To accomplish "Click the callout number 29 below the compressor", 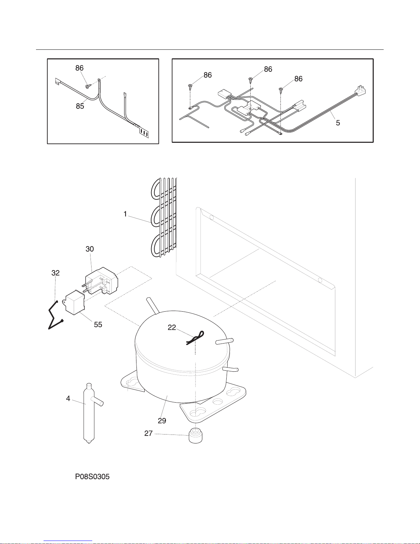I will point(162,420).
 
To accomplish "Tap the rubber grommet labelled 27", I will point(196,436).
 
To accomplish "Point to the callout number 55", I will point(98,324).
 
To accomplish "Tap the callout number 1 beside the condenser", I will point(125,214).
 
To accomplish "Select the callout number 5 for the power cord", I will point(338,123).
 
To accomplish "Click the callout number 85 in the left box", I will point(80,106).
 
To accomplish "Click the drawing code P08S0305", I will point(93,477).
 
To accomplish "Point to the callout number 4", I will point(68,398).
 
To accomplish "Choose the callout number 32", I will point(56,273).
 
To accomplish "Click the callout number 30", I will point(90,249).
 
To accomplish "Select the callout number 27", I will point(148,433).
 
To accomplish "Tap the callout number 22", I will point(172,327).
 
